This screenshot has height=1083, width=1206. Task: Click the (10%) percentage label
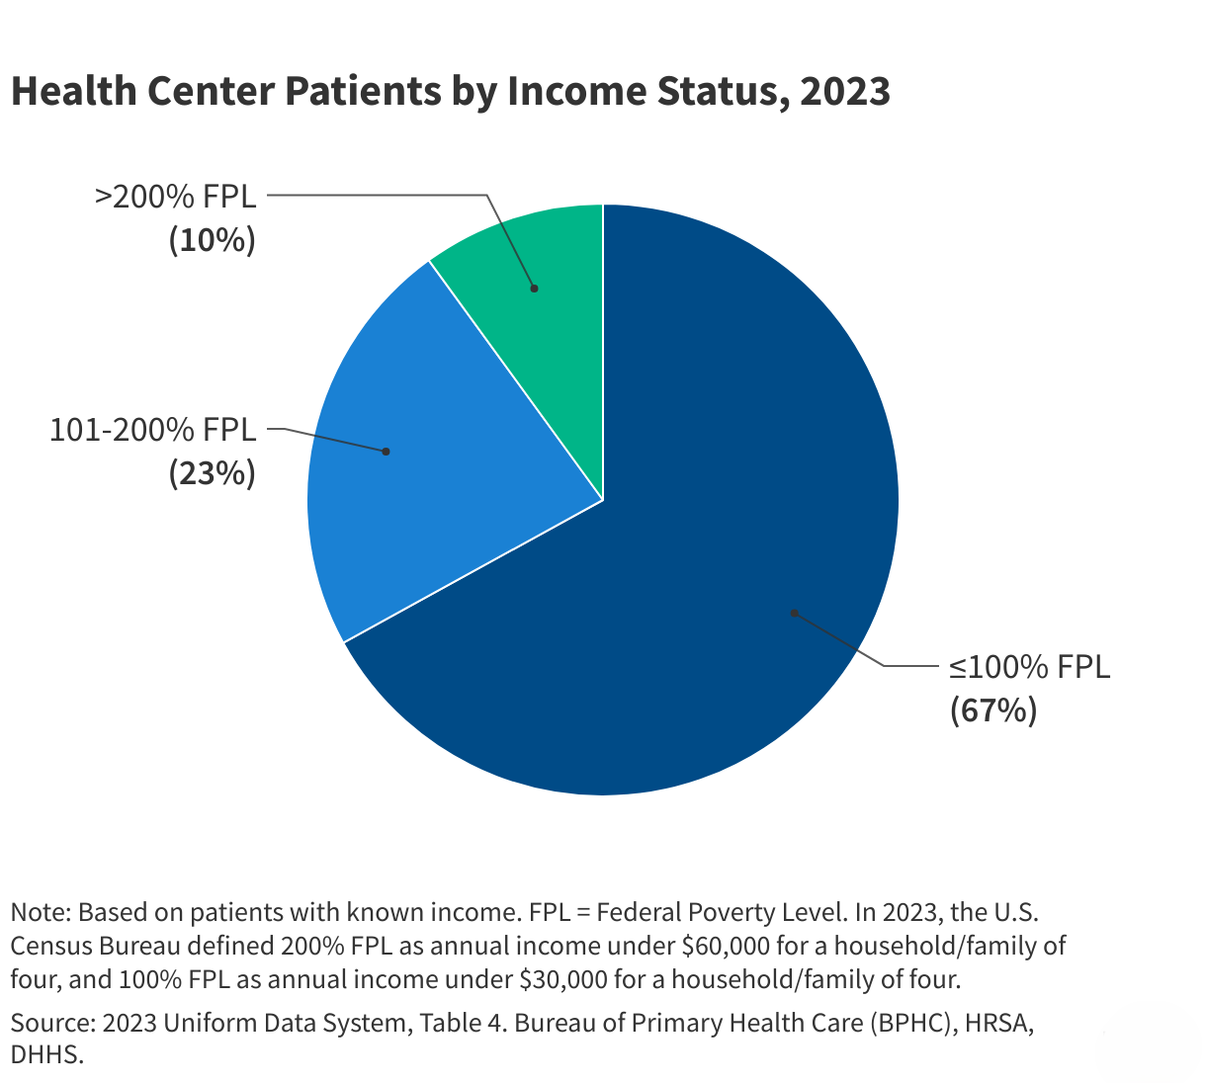[x=212, y=240]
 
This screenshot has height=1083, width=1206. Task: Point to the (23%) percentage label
[x=212, y=474]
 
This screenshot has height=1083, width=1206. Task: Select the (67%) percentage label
[x=993, y=710]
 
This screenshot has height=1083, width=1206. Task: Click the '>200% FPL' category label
[x=175, y=196]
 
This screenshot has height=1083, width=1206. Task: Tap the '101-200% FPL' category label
[x=152, y=430]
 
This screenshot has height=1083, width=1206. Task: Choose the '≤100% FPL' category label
[x=1029, y=667]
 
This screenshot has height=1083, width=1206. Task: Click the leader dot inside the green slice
[x=535, y=289]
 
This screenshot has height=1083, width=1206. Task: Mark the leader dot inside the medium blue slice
[x=387, y=452]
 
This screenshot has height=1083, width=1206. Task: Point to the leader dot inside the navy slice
[x=794, y=613]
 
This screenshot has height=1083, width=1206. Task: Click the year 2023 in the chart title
[x=845, y=91]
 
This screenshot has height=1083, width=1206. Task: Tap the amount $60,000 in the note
[x=726, y=946]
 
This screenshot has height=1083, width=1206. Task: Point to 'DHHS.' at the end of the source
[x=46, y=1054]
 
